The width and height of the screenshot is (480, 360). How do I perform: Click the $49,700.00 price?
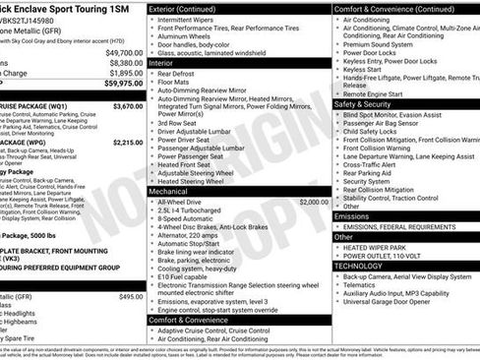point(124,52)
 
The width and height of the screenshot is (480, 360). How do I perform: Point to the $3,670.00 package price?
point(127,105)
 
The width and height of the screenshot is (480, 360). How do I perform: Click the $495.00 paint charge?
point(131,296)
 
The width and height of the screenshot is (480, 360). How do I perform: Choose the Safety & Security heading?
point(363,102)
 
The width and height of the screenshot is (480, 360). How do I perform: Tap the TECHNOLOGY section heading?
point(358,266)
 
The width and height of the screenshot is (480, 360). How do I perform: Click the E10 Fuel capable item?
point(187,277)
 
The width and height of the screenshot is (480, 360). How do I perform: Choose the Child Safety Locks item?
point(375,130)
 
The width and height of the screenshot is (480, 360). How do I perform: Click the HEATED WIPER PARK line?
point(380,247)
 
